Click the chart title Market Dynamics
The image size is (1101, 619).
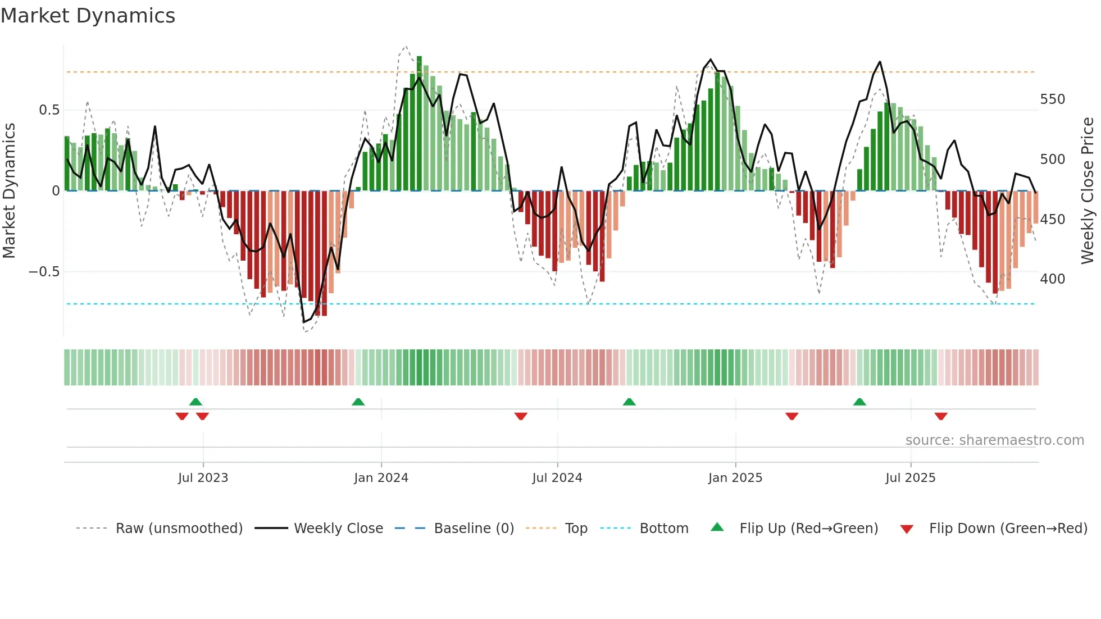tap(88, 16)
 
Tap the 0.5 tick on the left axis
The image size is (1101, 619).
tap(49, 110)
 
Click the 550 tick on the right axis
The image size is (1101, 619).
tap(1052, 99)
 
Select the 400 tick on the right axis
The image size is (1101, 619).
tap(1052, 279)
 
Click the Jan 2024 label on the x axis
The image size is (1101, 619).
tap(381, 478)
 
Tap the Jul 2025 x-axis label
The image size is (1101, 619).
tap(910, 478)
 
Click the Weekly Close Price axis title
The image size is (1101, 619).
tap(1088, 191)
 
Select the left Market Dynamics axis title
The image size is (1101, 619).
tap(9, 191)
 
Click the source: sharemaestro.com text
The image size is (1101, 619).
tap(994, 440)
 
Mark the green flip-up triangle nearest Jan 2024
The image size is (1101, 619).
tap(358, 402)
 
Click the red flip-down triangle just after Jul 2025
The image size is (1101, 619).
tap(941, 416)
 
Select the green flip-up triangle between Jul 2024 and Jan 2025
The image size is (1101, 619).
tap(629, 402)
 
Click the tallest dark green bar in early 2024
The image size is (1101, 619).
tap(419, 124)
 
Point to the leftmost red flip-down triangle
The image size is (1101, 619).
tap(182, 416)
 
